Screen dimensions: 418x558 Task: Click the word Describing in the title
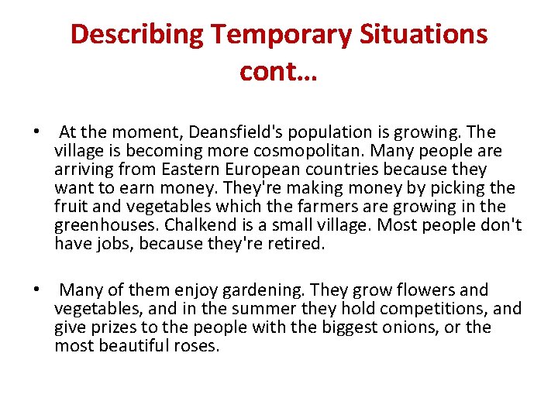pos(136,35)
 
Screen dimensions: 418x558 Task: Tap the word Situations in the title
pos(427,35)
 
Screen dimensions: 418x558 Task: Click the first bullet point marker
pos(36,132)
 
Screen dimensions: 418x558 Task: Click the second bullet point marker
pos(36,290)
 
